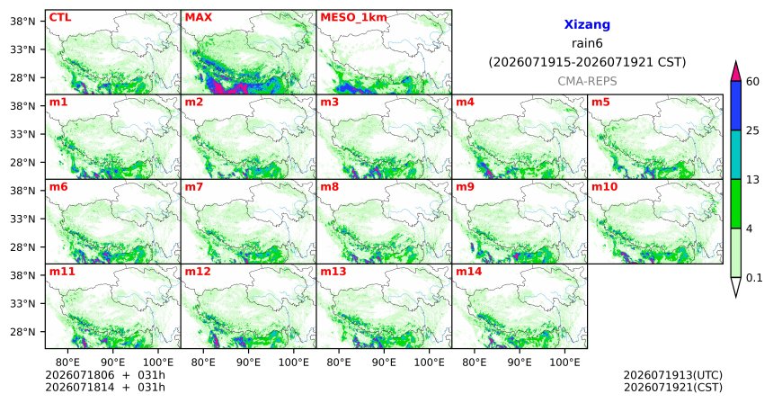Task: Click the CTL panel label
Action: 60,18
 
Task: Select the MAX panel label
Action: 198,18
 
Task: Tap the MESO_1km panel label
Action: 353,18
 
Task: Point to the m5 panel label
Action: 600,103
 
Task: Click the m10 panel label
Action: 604,187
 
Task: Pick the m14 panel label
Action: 468,272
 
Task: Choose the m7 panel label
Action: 194,187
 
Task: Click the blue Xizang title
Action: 587,24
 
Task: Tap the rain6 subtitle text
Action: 587,43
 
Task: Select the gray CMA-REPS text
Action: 587,81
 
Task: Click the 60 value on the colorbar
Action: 752,82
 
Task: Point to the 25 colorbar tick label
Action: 752,130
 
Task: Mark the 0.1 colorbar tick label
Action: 754,278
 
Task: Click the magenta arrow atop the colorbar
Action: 735,71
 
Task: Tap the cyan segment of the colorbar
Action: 735,155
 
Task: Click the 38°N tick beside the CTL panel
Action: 22,22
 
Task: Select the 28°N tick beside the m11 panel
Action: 22,331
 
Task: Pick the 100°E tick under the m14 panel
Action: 564,363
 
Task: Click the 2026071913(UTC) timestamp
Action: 673,376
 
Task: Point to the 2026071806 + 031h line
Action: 105,376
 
